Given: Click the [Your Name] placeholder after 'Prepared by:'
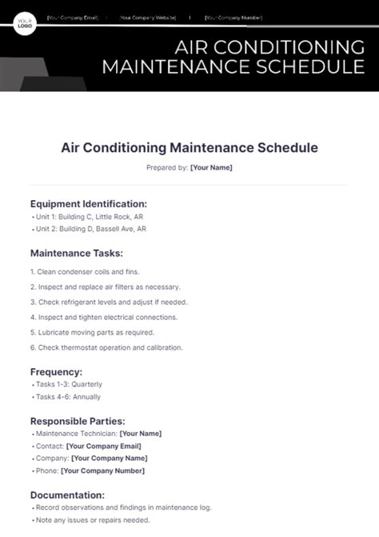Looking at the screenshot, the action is (211, 167).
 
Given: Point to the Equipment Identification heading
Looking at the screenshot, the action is (88, 203).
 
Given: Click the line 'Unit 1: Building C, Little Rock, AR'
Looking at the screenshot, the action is (90, 217).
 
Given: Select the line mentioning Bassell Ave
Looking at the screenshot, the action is (90, 229).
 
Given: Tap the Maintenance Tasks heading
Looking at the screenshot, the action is (76, 253).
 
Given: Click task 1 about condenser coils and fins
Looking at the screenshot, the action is (84, 272).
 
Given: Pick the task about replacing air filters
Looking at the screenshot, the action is (105, 287).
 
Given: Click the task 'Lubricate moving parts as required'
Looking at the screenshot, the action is (92, 332).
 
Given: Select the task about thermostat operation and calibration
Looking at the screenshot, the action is (106, 347).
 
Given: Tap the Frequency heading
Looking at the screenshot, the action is (56, 371).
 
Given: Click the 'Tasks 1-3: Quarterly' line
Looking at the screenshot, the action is (69, 385).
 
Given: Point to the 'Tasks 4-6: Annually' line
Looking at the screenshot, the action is (68, 397).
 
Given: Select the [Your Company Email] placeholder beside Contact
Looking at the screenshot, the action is (103, 446).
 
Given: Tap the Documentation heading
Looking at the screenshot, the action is (67, 495).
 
